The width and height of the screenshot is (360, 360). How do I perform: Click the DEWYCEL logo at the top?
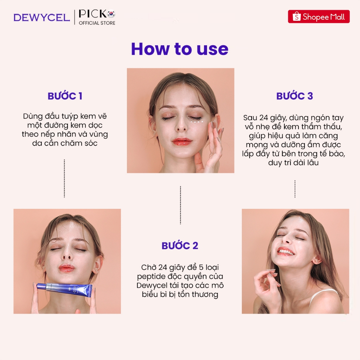pyautogui.click(x=41, y=18)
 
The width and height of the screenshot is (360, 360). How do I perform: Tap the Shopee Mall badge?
pyautogui.click(x=319, y=17)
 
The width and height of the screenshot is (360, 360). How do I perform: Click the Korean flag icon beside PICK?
pyautogui.click(x=111, y=14)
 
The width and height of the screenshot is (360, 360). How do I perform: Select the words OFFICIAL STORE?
pyautogui.click(x=97, y=23)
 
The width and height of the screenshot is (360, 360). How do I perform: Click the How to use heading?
pyautogui.click(x=180, y=49)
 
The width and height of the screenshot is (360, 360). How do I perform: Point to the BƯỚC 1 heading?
pyautogui.click(x=65, y=96)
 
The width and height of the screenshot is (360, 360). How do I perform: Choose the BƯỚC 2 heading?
pyautogui.click(x=180, y=246)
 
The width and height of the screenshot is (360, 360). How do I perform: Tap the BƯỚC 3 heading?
pyautogui.click(x=295, y=96)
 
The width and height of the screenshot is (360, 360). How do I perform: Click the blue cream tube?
pyautogui.click(x=65, y=289)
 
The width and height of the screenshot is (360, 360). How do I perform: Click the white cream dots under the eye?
pyautogui.click(x=197, y=122)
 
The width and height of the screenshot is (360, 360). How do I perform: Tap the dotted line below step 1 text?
pyautogui.click(x=64, y=178)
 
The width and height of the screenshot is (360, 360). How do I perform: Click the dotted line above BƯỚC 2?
pyautogui.click(x=180, y=205)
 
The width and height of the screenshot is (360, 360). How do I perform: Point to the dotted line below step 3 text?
pyautogui.click(x=295, y=189)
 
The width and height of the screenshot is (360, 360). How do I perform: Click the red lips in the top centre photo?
pyautogui.click(x=182, y=141)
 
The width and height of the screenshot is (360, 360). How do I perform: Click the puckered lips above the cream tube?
pyautogui.click(x=66, y=268)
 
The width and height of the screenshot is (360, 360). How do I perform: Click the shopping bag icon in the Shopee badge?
pyautogui.click(x=296, y=17)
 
